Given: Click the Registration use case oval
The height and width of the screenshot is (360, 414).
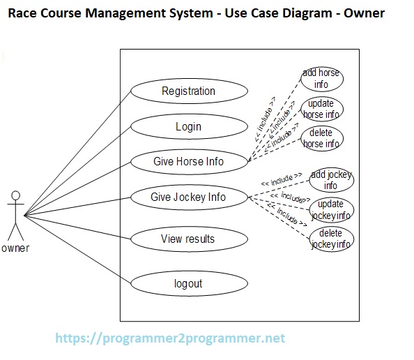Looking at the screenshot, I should (x=188, y=91).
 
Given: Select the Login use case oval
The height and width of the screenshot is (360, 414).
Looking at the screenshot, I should (x=188, y=126).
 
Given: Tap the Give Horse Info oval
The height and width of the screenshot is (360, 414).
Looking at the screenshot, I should (x=188, y=161).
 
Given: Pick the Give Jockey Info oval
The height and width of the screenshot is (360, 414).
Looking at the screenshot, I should (x=188, y=197).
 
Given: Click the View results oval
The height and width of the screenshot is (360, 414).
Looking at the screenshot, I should (x=188, y=239).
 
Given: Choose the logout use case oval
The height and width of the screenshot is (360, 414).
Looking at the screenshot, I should (x=188, y=283).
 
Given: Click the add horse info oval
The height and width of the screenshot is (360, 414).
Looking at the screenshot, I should (x=321, y=79).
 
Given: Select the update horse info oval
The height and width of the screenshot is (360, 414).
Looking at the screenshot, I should (x=321, y=109).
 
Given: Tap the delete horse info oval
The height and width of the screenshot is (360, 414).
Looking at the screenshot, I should (x=321, y=138).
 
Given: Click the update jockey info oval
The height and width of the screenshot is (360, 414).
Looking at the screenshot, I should (x=330, y=210).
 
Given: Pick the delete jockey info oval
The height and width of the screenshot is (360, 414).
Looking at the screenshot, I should (x=330, y=239).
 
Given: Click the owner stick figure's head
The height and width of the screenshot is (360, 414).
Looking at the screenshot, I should (x=15, y=197).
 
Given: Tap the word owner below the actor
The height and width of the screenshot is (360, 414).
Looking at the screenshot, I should (x=15, y=248).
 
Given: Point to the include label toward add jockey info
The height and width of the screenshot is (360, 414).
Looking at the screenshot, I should (x=281, y=180).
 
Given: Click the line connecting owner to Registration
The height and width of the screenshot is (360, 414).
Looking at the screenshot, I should (x=77, y=153).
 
